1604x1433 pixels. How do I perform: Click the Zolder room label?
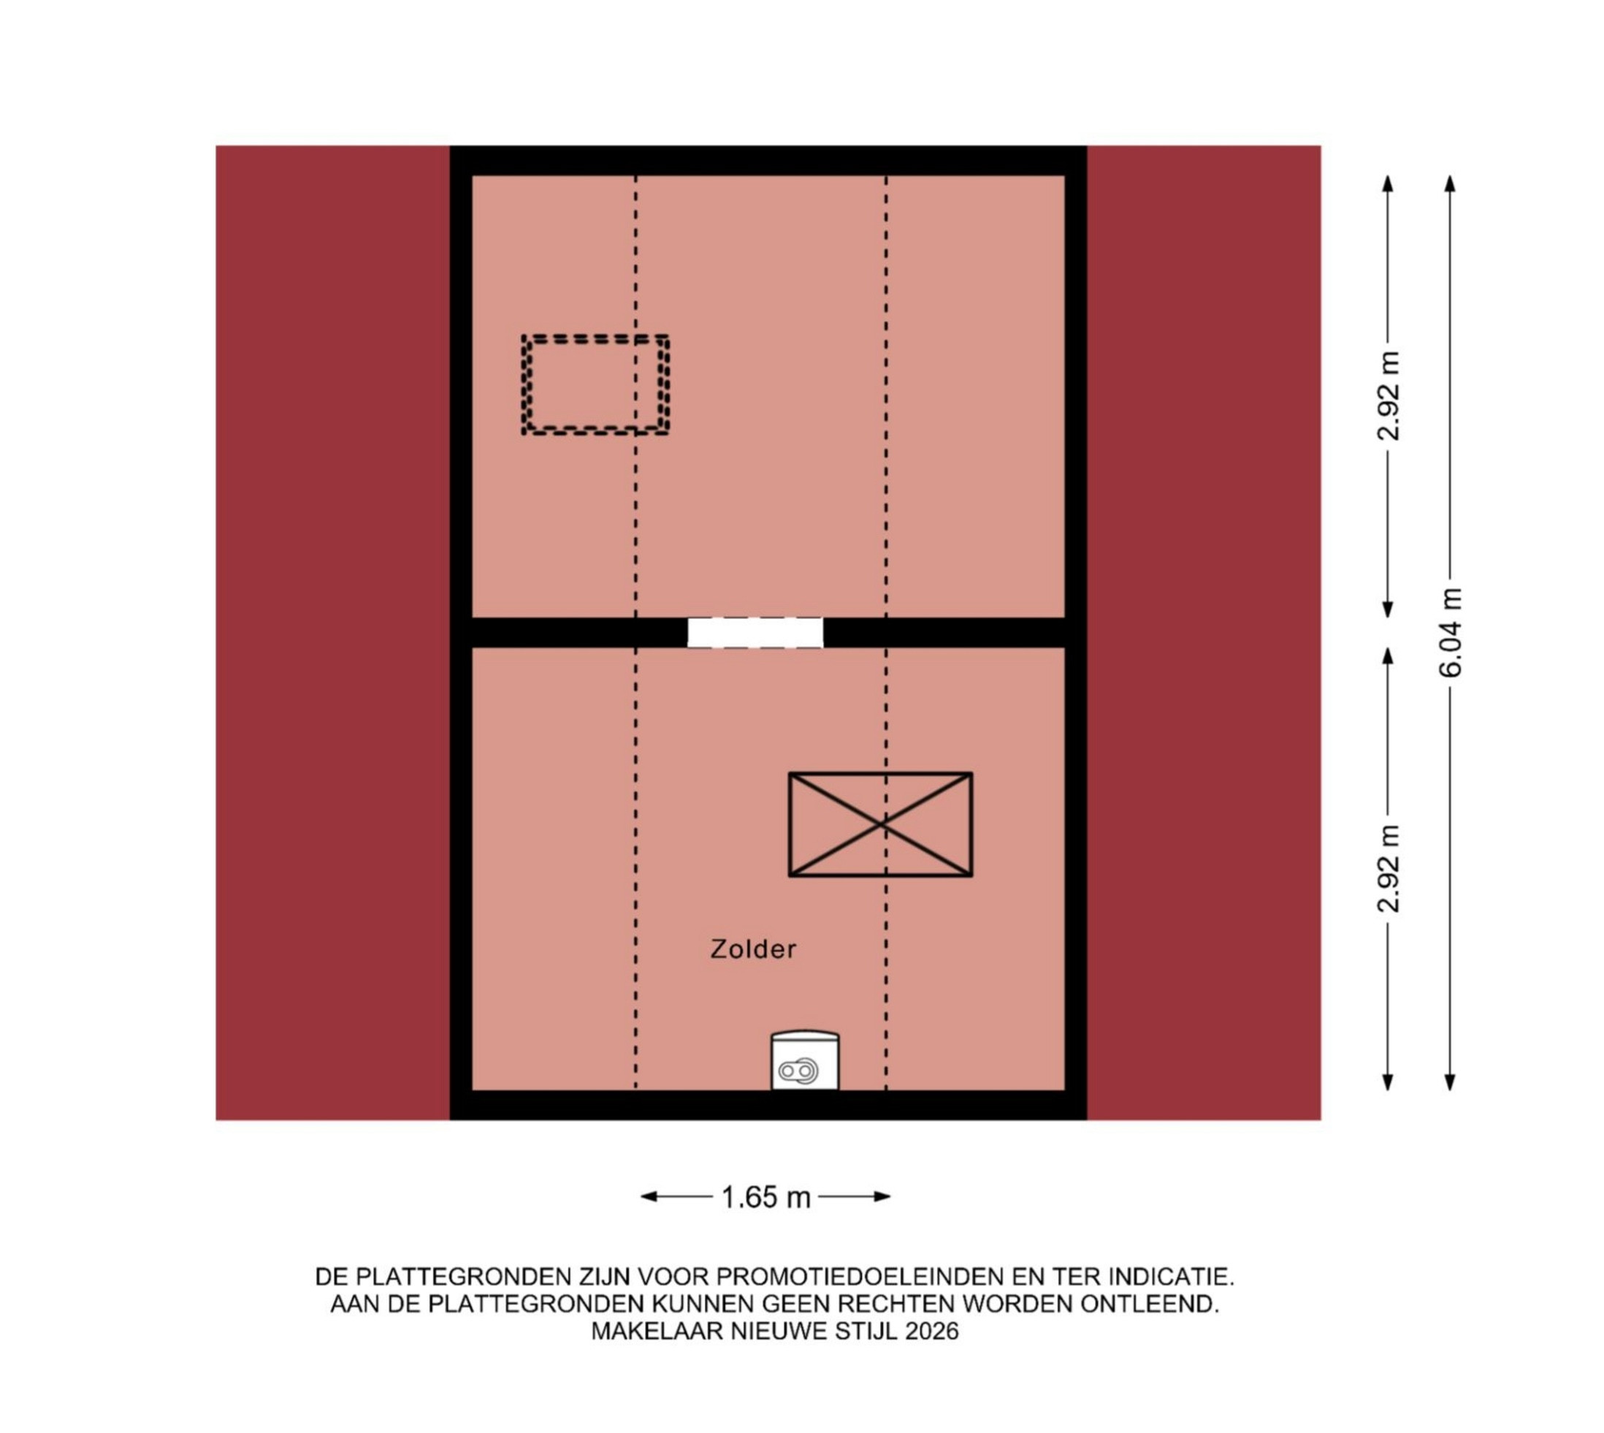pos(753,949)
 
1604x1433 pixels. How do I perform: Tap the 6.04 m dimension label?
pos(1450,632)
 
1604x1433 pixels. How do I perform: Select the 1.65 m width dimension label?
pos(765,1197)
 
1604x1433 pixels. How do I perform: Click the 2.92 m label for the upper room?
pos(1389,395)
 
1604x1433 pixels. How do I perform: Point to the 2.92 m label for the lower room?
pos(1389,868)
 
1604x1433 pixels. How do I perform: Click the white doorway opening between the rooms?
pos(755,632)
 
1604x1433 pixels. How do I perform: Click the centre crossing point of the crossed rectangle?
pos(881,824)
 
